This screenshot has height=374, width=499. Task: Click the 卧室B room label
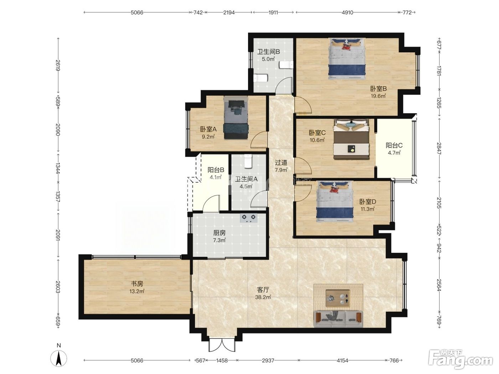click(378, 88)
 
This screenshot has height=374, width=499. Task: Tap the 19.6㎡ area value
click(378, 96)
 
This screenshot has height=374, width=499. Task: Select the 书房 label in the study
click(137, 284)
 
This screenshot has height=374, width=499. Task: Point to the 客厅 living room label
click(263, 290)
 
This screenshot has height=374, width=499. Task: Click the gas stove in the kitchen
click(249, 218)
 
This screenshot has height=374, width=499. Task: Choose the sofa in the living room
click(338, 319)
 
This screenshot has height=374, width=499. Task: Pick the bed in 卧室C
click(351, 139)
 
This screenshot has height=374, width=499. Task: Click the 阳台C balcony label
click(394, 145)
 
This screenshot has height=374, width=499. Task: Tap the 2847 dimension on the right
click(439, 149)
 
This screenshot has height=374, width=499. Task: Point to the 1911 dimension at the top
click(273, 12)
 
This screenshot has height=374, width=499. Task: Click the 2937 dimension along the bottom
click(268, 360)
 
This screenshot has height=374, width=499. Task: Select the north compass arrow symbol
click(59, 359)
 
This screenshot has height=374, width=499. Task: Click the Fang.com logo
click(461, 359)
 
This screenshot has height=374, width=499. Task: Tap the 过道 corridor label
click(281, 162)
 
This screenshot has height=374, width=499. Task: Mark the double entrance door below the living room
click(222, 345)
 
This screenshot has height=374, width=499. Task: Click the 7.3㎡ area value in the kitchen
click(219, 240)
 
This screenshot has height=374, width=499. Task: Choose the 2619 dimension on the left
click(58, 66)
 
